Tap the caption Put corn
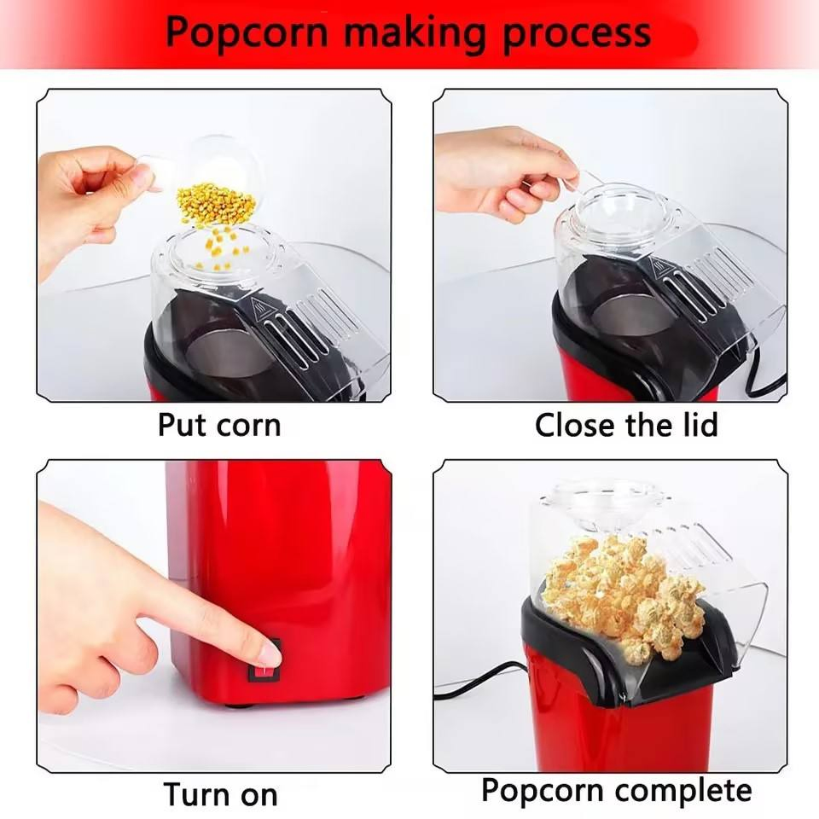tap(219, 425)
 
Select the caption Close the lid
tap(626, 425)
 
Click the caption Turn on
tap(220, 794)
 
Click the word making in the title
tap(414, 32)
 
